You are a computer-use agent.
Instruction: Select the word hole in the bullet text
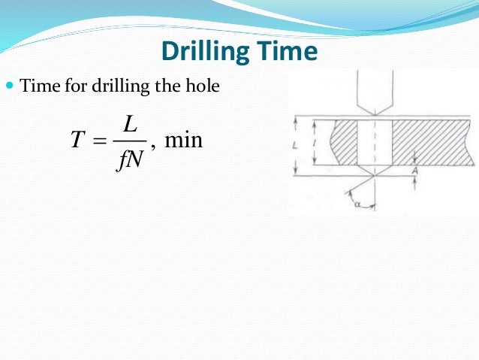click(204, 87)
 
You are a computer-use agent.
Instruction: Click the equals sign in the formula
click(97, 141)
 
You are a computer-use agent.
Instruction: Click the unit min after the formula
click(183, 141)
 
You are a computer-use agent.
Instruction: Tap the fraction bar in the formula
click(130, 141)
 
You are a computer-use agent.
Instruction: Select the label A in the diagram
click(415, 170)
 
